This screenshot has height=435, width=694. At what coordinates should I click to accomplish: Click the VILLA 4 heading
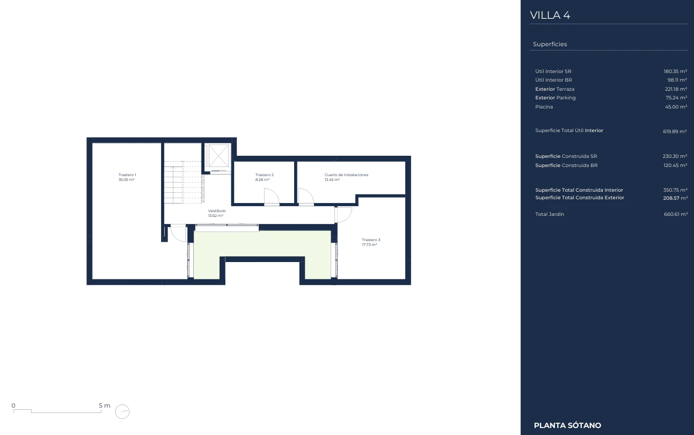coord(550,15)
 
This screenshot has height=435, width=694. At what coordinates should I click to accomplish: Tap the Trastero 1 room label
coord(127,175)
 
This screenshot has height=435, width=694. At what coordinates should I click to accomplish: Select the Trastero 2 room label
coord(264,175)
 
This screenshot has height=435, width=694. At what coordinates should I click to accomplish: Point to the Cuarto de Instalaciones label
coord(346,175)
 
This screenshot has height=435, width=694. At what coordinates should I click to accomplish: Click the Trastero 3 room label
coord(371,240)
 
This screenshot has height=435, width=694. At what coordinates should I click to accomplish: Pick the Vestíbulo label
coord(217,211)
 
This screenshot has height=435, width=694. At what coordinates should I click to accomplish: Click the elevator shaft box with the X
coord(218,156)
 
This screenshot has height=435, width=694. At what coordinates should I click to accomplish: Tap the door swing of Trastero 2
coord(272,196)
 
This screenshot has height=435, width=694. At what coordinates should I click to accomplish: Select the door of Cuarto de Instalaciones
coord(306,196)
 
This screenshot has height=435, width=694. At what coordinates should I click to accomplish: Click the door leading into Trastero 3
coord(344,215)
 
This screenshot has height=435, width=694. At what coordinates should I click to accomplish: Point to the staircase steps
coord(184,182)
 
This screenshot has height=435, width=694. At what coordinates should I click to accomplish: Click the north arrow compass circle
coord(122,412)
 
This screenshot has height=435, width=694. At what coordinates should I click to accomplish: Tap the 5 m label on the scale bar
coord(105,405)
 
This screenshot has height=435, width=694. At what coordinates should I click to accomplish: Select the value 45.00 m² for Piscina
coord(676,107)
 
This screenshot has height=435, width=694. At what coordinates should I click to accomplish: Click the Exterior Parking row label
coord(555,98)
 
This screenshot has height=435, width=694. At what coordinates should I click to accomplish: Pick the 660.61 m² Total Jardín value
coord(676,214)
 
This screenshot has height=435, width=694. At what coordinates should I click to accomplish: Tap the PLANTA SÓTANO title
coord(567,425)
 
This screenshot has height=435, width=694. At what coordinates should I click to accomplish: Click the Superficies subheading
coord(550,44)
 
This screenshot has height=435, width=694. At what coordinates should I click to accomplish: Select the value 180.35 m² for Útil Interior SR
coord(675,71)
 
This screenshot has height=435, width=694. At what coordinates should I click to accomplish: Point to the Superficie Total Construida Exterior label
coord(579,198)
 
